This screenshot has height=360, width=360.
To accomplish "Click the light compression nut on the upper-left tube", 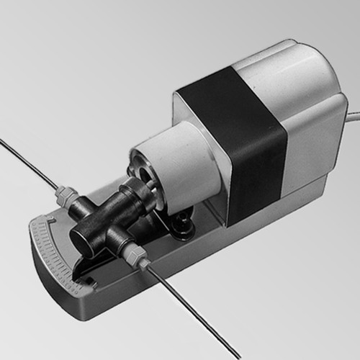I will tap(66, 196).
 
